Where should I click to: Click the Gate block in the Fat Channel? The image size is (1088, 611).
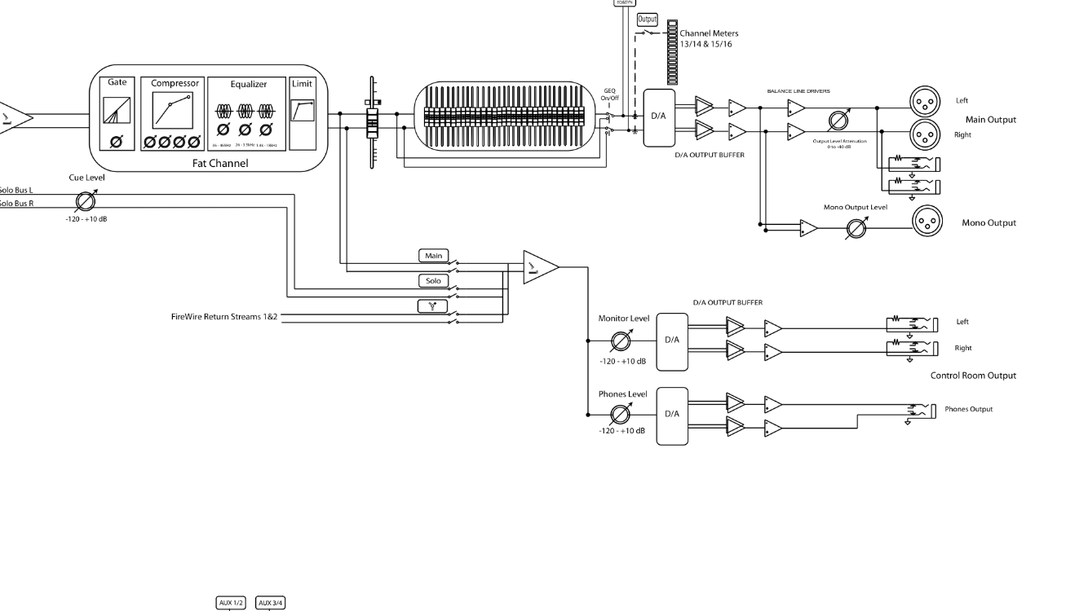117,115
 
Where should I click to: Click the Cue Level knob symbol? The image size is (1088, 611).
85,201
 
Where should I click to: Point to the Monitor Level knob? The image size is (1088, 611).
621,340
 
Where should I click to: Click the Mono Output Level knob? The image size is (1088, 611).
856,229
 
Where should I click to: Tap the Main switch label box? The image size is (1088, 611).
433,256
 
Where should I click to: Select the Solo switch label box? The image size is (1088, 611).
433,281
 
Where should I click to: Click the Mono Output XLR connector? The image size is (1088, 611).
926,221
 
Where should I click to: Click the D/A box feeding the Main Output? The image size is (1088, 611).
659,118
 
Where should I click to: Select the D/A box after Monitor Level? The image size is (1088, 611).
672,341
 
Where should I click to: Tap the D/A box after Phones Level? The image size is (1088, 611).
672,415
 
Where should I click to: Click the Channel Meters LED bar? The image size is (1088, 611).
672,52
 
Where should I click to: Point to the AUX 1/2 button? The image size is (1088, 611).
230,603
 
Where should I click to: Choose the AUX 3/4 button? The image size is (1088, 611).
271,603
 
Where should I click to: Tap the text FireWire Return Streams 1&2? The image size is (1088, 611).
224,316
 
